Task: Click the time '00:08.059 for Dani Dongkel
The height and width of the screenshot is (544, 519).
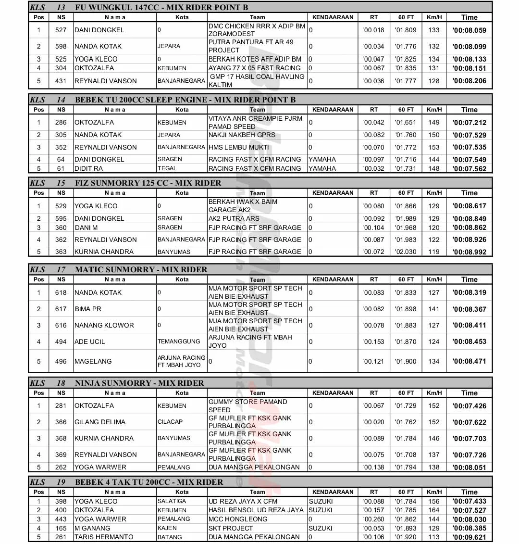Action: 469,30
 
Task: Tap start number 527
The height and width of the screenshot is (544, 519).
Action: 61,30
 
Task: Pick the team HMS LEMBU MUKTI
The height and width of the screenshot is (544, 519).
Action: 238,147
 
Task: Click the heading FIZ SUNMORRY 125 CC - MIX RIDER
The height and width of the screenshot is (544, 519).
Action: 148,183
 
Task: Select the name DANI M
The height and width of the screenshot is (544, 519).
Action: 86,228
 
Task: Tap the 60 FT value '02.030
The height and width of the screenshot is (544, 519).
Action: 406,252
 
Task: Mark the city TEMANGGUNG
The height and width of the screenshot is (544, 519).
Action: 179,342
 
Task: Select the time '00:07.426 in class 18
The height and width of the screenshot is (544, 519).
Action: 469,406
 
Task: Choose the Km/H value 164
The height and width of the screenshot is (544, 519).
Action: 434,510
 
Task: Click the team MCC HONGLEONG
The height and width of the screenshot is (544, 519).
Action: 238,519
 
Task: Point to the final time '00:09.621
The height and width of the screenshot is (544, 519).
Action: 469,537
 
